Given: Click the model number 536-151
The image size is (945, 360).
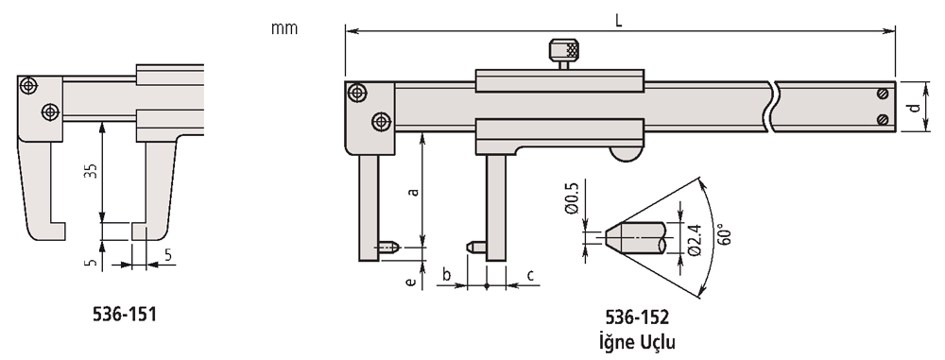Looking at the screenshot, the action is (x=124, y=314).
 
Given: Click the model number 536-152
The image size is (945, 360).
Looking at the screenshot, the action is (x=637, y=317).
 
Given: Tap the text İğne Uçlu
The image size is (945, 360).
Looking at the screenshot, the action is (x=637, y=342).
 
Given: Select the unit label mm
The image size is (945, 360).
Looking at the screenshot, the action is (x=283, y=28).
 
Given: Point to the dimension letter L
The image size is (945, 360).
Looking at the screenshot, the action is (x=618, y=20).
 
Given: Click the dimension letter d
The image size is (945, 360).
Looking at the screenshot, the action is (x=915, y=107).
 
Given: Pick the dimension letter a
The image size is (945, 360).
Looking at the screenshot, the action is (x=414, y=192).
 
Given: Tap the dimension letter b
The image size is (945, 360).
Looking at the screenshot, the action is (x=447, y=275).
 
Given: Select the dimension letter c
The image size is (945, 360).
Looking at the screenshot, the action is (x=530, y=276).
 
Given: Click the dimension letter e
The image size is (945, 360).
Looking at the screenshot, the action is (x=411, y=281).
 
